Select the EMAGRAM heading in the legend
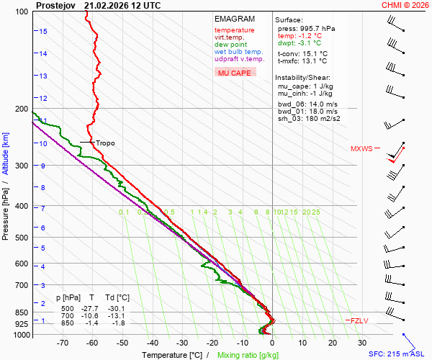tap(234, 19)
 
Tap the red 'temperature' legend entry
tap(234, 30)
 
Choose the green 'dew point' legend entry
tap(230, 45)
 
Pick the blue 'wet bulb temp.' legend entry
tap(238, 52)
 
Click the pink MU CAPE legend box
tap(235, 73)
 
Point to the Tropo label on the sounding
tap(105, 143)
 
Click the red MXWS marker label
tap(361, 149)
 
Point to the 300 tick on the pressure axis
tap(22, 166)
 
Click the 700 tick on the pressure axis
tap(22, 285)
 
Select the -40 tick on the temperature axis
tap(152, 343)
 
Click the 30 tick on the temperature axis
tap(362, 343)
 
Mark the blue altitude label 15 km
tap(43, 31)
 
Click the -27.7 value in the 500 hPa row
tap(91, 307)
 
